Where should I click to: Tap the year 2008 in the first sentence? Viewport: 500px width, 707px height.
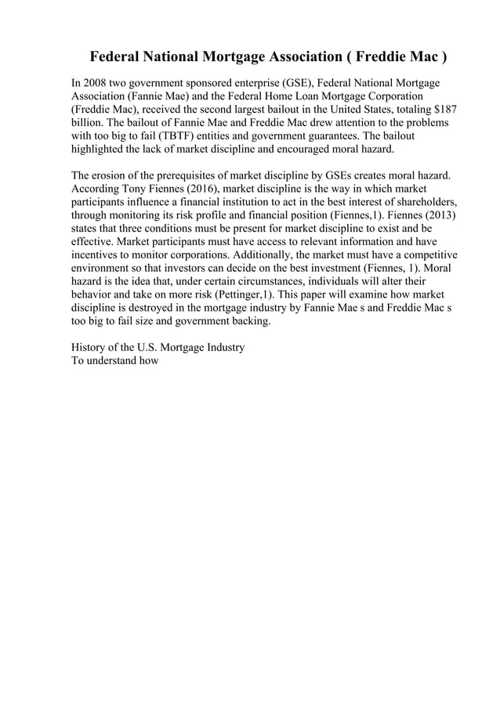click(x=98, y=82)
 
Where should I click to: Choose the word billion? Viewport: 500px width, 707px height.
click(x=88, y=123)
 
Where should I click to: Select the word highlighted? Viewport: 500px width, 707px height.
click(x=100, y=150)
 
